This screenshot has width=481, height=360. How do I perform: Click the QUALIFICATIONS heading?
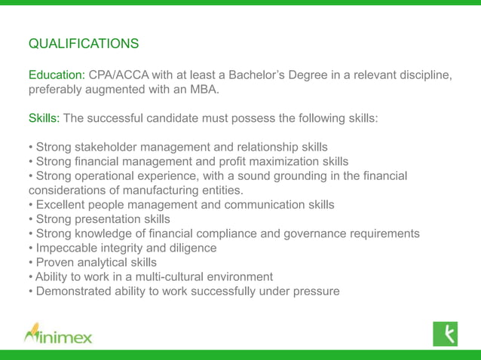pyautogui.click(x=83, y=44)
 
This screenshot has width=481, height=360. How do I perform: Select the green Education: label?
pyautogui.click(x=57, y=76)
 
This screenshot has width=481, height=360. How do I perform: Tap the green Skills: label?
pyautogui.click(x=44, y=118)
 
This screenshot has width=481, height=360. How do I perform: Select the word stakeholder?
pyautogui.click(x=110, y=147)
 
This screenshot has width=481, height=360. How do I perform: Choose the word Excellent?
pyautogui.click(x=63, y=205)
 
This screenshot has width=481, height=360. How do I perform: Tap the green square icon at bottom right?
pyautogui.click(x=445, y=332)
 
